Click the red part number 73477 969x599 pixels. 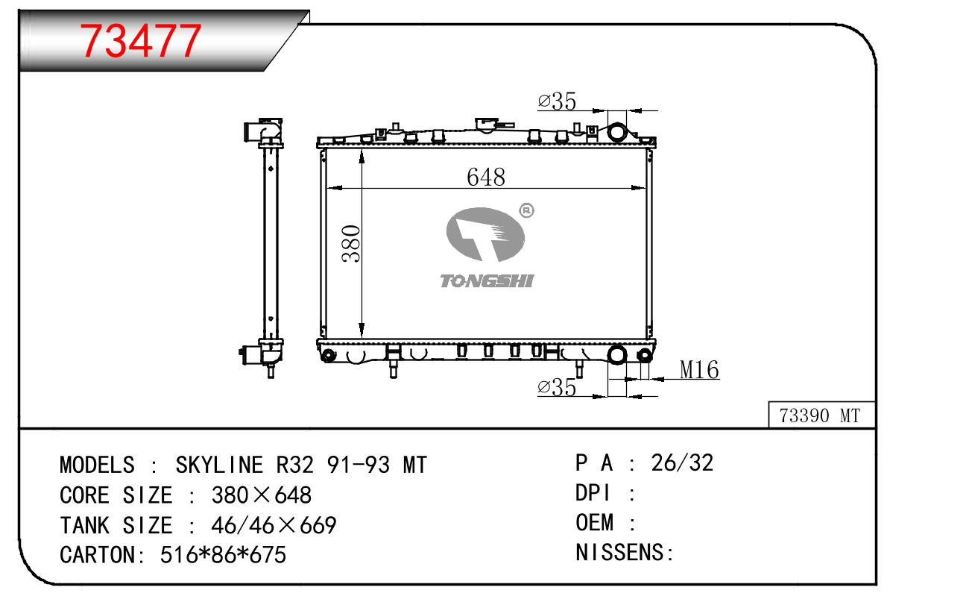click(141, 41)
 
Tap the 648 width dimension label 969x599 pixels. click(486, 177)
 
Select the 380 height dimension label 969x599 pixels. click(351, 244)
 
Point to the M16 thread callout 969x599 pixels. click(699, 370)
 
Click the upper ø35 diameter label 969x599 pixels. click(557, 101)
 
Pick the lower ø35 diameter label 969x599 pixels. click(557, 387)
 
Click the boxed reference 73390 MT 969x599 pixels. click(820, 415)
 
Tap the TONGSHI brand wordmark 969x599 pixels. click(487, 281)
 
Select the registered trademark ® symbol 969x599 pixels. click(526, 210)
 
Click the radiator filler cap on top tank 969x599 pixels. click(486, 125)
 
